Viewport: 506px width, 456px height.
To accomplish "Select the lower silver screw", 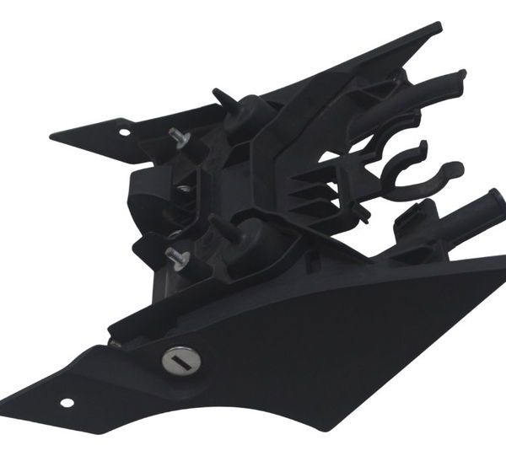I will tap(175, 257).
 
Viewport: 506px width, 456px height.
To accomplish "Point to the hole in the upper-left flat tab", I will tap(125, 132).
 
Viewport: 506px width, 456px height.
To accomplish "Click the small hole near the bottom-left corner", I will tap(67, 402).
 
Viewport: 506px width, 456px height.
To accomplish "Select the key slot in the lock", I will tap(180, 361).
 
